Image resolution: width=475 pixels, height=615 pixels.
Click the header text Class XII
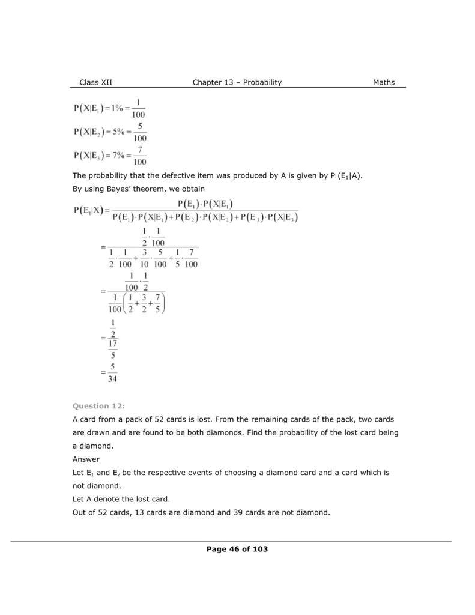coord(95,82)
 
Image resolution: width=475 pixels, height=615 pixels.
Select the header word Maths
coord(384,82)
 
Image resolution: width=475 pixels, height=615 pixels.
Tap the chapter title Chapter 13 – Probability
coord(237,82)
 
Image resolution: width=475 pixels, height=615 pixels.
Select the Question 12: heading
coord(95,406)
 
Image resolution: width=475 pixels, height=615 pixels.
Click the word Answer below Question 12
coord(86,459)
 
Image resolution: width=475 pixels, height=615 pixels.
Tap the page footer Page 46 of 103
coord(237,549)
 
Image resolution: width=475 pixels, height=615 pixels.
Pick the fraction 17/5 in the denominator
coord(112,348)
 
